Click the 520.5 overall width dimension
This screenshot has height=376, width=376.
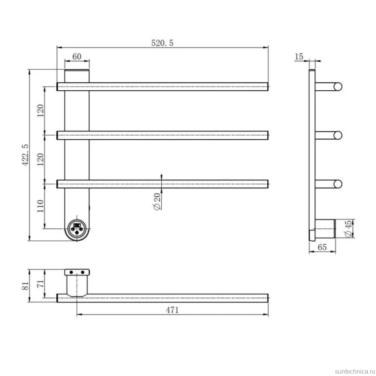point(162,43)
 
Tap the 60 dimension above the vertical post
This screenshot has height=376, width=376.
point(77,57)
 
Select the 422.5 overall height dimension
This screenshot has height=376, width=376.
point(26,155)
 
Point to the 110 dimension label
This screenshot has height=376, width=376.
point(40,206)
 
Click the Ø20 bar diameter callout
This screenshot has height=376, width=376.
point(157,202)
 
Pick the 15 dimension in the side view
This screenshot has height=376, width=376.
point(299,57)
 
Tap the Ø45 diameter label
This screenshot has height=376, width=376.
point(348,229)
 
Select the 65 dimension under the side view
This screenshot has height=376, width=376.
point(322,247)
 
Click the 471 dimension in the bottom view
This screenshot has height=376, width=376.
point(172,310)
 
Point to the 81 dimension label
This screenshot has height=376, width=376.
point(26,286)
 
